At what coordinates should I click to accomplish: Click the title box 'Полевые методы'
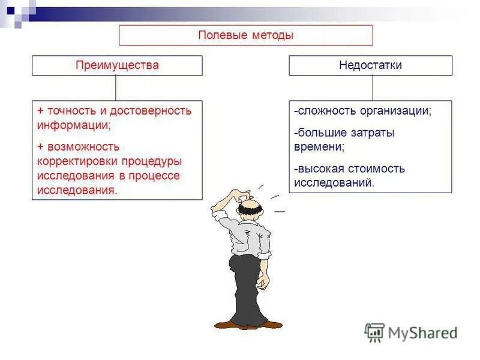245,35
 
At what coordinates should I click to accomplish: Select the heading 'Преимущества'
117,65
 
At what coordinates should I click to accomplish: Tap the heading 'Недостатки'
370,65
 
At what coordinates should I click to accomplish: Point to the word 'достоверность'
154,111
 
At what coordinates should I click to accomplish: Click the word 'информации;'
74,125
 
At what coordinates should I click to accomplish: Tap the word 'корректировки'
78,161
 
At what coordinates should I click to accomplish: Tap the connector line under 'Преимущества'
116,88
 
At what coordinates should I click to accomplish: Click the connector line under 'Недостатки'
373,88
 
